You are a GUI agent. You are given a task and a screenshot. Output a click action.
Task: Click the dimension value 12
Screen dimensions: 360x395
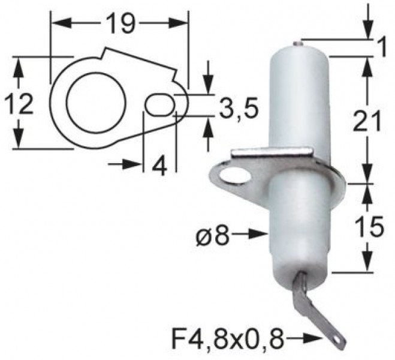pos(19,105)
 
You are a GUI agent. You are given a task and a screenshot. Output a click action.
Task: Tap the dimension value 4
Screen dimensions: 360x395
pos(159,165)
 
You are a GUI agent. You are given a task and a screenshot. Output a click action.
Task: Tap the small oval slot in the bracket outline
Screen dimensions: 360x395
pos(158,104)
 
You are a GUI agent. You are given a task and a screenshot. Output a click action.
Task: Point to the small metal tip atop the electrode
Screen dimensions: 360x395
pos(298,43)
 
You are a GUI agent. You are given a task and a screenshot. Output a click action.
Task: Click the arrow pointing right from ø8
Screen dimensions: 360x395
pos(252,233)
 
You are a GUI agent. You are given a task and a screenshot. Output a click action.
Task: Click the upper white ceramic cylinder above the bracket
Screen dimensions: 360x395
pos(298,99)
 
